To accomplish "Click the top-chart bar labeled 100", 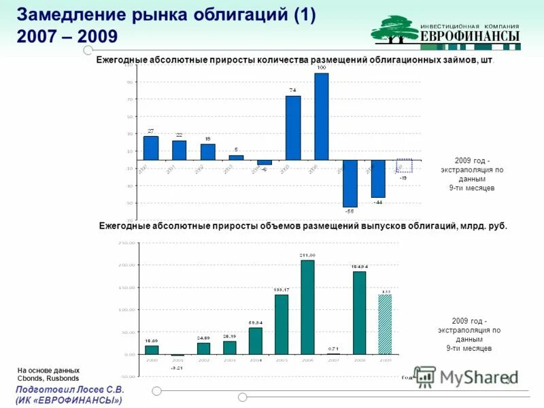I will pyautogui.click(x=322, y=116).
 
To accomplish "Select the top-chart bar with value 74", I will pyautogui.click(x=293, y=128).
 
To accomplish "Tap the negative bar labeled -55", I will pyautogui.click(x=350, y=184).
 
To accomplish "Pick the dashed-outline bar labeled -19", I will pyautogui.click(x=404, y=166).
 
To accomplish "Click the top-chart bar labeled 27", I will pyautogui.click(x=151, y=148).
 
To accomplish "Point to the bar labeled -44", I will pyautogui.click(x=378, y=179).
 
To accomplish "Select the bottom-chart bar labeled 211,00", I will pyautogui.click(x=307, y=307).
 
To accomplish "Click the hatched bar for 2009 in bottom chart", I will pyautogui.click(x=385, y=324).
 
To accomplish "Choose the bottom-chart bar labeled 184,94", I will pyautogui.click(x=359, y=313).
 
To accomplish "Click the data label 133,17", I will pyautogui.click(x=281, y=289).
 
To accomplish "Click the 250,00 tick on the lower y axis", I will pyautogui.click(x=126, y=243).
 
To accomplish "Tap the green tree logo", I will pyautogui.click(x=394, y=29).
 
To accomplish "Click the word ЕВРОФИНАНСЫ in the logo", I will pyautogui.click(x=470, y=36).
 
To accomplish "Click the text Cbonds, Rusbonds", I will pyautogui.click(x=48, y=378).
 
